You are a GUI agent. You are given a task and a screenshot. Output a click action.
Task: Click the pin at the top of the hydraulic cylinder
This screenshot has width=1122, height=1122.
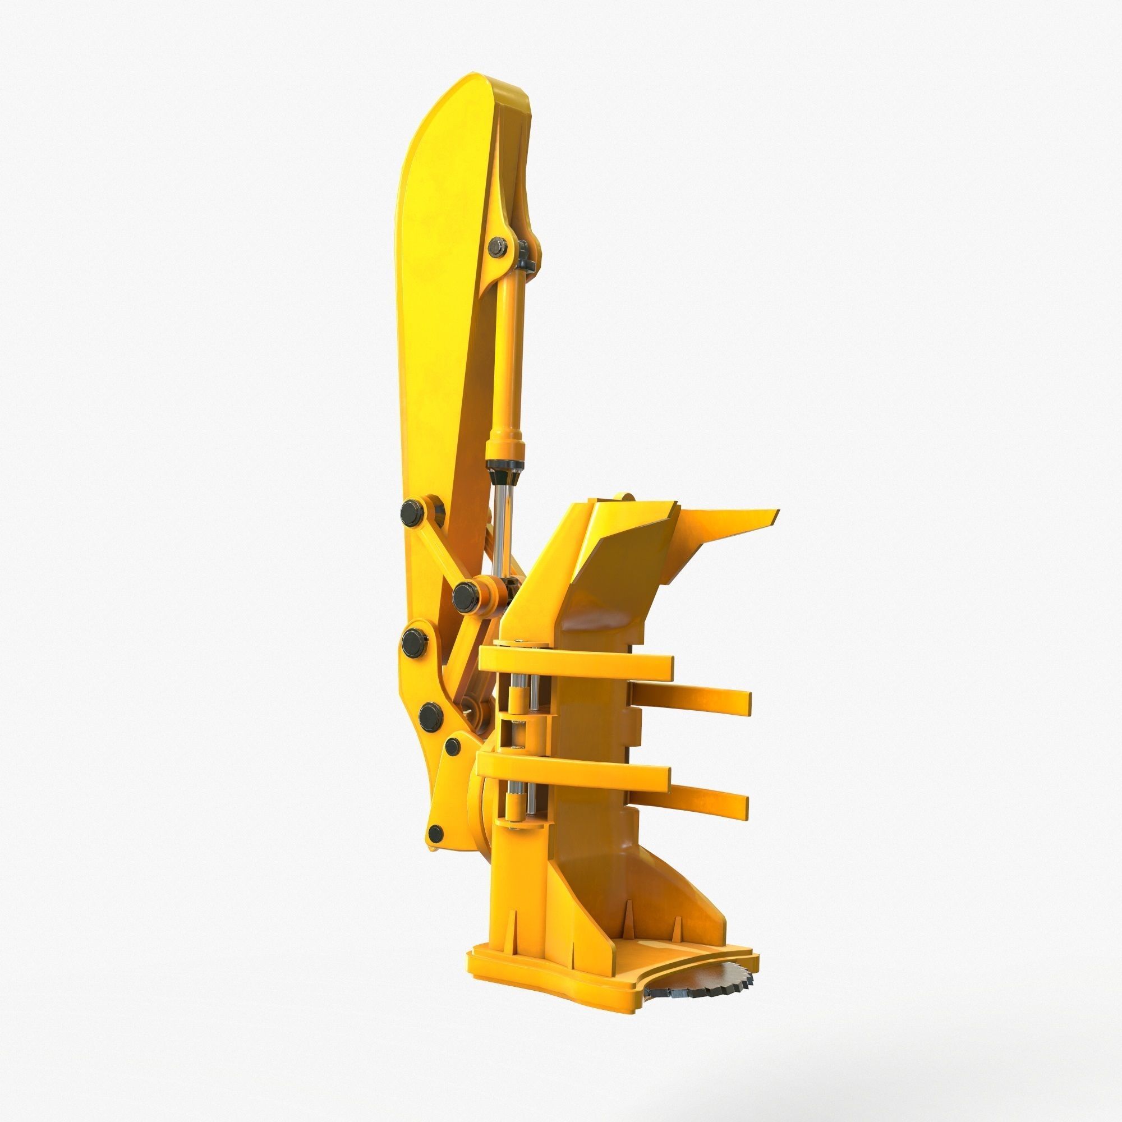[x=498, y=247]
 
